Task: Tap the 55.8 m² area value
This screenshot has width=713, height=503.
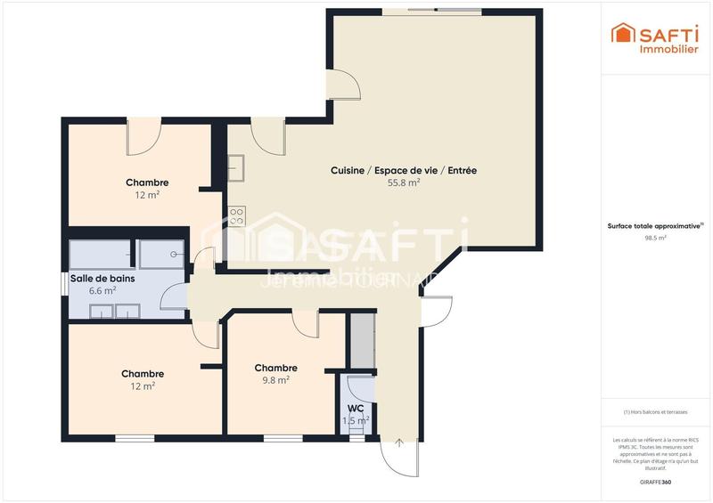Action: point(404,183)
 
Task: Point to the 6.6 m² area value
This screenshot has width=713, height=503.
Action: point(102,290)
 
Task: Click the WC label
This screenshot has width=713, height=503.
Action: point(356,409)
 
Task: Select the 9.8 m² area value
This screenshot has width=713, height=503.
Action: point(275,379)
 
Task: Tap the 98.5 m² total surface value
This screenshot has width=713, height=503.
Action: point(656,238)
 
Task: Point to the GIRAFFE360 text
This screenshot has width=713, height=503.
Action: point(656,482)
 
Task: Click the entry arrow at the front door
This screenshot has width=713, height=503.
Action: point(399,442)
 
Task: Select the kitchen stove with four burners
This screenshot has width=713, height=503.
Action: point(237,215)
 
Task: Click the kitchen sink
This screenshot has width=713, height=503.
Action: point(236,167)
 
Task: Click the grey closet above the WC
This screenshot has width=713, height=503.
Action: point(360,339)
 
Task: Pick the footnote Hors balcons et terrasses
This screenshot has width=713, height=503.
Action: point(656,411)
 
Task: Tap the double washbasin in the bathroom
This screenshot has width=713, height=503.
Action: point(115,311)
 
